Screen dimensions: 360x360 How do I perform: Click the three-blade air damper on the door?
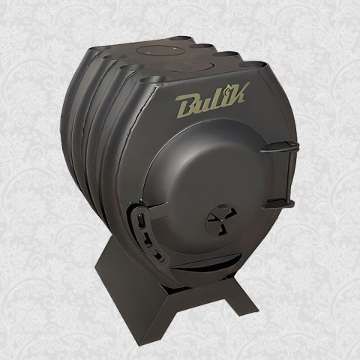tap(221, 220)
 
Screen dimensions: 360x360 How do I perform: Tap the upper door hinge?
tap(280, 147)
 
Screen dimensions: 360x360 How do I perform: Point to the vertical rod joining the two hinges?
tap(292, 175)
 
